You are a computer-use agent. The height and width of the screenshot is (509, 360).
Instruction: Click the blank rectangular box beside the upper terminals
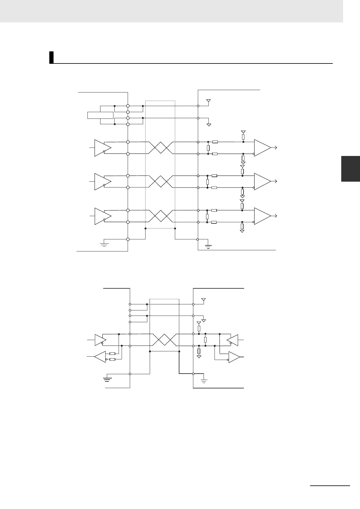(100, 115)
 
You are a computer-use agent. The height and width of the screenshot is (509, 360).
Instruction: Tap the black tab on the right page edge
(350, 169)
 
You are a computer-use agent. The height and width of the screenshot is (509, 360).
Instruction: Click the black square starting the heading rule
(51, 57)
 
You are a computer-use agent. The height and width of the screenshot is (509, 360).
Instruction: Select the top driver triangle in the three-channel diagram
(102, 148)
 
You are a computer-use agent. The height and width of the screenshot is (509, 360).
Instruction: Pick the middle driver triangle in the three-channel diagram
(102, 182)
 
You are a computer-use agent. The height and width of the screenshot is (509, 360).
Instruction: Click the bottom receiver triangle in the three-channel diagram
(262, 216)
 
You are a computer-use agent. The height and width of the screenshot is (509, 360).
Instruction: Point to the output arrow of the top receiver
(275, 148)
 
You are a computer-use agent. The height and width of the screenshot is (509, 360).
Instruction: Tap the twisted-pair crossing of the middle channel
(160, 182)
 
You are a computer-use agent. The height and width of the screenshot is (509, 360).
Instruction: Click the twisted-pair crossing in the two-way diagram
(164, 340)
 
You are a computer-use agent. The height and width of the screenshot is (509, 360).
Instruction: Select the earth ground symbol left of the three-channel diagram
(104, 244)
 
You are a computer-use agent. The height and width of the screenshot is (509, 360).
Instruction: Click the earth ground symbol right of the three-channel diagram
(208, 245)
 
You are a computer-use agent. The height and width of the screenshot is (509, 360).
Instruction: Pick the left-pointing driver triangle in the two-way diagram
(233, 340)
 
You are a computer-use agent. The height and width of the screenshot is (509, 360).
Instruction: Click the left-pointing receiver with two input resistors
(100, 357)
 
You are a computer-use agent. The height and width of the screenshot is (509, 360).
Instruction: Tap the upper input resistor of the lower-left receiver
(112, 353)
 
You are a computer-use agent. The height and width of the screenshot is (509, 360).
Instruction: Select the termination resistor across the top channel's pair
(208, 148)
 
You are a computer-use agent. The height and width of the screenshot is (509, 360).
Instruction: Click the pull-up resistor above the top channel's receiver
(243, 137)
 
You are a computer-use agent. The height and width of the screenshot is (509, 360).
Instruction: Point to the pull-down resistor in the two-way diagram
(199, 351)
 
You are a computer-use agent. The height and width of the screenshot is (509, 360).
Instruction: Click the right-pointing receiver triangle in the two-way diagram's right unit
(234, 357)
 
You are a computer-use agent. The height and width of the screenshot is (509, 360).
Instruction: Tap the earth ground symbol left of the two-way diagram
(107, 379)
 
